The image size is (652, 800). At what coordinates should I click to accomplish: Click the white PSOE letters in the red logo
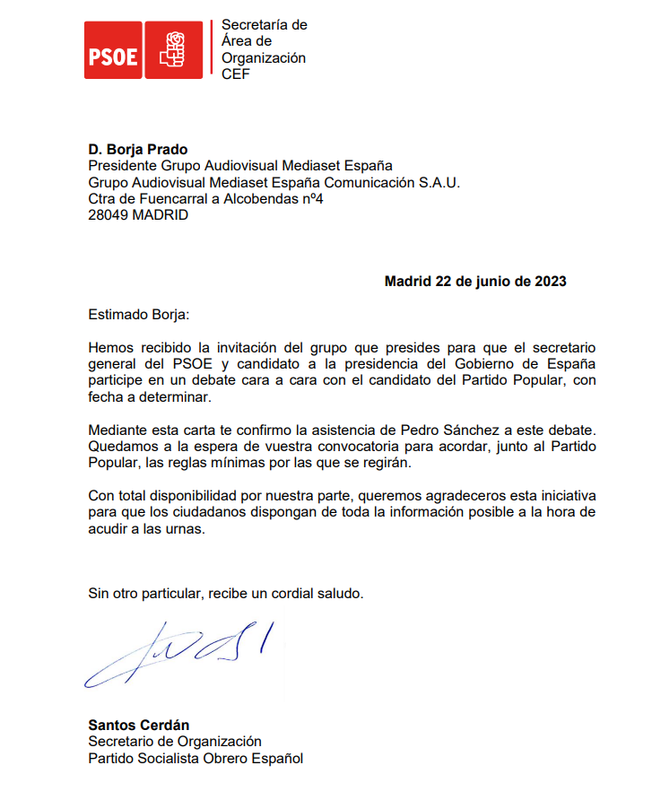pos(113,56)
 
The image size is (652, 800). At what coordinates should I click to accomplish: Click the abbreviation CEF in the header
pos(236,74)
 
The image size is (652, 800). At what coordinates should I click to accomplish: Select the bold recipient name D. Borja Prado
pos(137,150)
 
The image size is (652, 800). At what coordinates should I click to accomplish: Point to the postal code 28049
pos(108,215)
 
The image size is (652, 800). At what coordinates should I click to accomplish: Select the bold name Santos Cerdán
pos(138,725)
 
